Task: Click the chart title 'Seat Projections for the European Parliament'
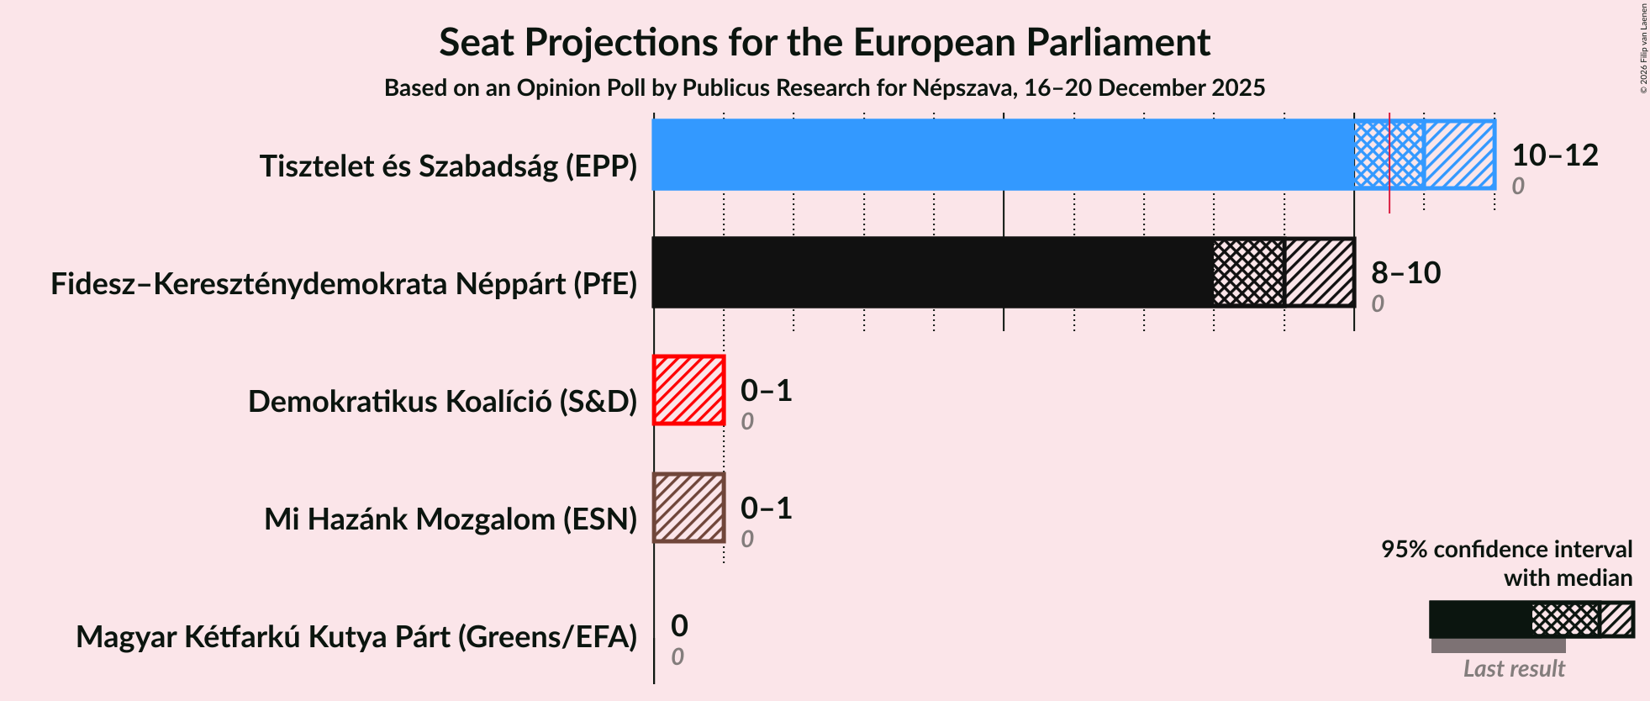point(824,43)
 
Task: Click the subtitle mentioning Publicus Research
point(824,88)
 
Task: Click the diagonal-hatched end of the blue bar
point(1459,155)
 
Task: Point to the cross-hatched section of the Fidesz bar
point(1249,272)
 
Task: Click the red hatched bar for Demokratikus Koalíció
point(688,390)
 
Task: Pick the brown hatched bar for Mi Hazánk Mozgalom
point(688,508)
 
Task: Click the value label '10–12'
point(1554,155)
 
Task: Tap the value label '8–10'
point(1405,273)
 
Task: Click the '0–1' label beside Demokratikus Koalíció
point(766,391)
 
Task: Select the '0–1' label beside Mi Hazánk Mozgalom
point(766,509)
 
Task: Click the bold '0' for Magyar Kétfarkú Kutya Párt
point(679,626)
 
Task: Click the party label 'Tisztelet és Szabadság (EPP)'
point(448,166)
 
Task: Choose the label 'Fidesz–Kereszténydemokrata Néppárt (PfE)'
point(344,284)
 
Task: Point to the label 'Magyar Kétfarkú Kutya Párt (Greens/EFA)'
point(356,637)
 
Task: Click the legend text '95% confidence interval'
point(1506,550)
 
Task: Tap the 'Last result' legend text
point(1514,669)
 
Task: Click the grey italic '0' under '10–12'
point(1517,187)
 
